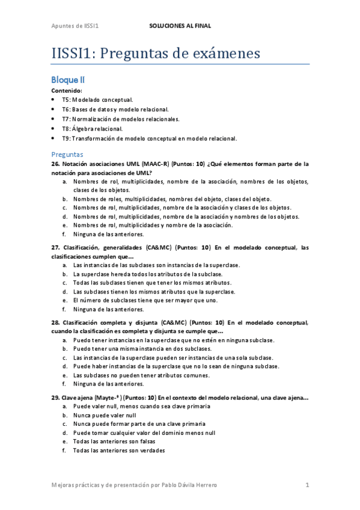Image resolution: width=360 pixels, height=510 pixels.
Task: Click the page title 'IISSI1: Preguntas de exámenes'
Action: pyautogui.click(x=156, y=54)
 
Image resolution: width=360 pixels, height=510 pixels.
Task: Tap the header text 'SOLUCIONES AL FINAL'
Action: pyautogui.click(x=180, y=26)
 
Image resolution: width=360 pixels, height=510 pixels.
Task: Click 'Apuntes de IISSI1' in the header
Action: pyautogui.click(x=75, y=26)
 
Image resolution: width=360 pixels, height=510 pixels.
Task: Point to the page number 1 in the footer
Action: pyautogui.click(x=307, y=485)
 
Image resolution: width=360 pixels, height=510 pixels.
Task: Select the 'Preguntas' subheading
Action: pyautogui.click(x=67, y=154)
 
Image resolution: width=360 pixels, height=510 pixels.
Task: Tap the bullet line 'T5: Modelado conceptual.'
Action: pyautogui.click(x=97, y=100)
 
